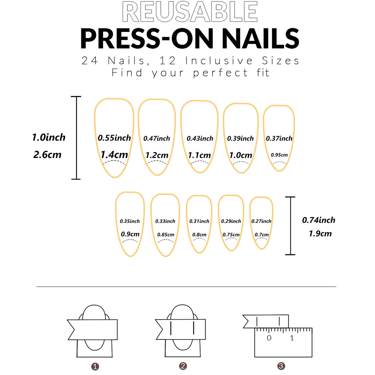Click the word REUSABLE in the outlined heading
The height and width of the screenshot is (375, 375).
(189, 12)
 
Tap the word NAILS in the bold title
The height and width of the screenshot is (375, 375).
(257, 38)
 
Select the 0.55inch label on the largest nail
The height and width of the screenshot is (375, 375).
(114, 138)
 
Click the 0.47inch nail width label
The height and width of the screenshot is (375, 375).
(157, 138)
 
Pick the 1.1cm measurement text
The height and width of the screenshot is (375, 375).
(200, 155)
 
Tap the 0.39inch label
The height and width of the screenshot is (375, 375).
(240, 138)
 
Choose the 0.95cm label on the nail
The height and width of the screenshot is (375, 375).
(279, 155)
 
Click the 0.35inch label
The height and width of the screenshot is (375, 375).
(130, 221)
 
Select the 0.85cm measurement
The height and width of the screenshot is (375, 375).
(166, 235)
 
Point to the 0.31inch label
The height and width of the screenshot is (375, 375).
(199, 221)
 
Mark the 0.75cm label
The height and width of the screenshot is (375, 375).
(231, 235)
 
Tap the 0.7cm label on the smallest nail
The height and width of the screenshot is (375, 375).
(261, 235)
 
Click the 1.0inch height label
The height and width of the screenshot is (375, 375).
(49, 138)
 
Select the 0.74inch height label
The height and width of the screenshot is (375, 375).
(319, 220)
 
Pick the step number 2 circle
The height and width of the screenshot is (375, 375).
(183, 366)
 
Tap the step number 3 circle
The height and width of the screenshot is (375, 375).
(281, 366)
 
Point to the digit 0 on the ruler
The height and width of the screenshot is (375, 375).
(269, 338)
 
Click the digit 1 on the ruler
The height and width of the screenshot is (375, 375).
(292, 338)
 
